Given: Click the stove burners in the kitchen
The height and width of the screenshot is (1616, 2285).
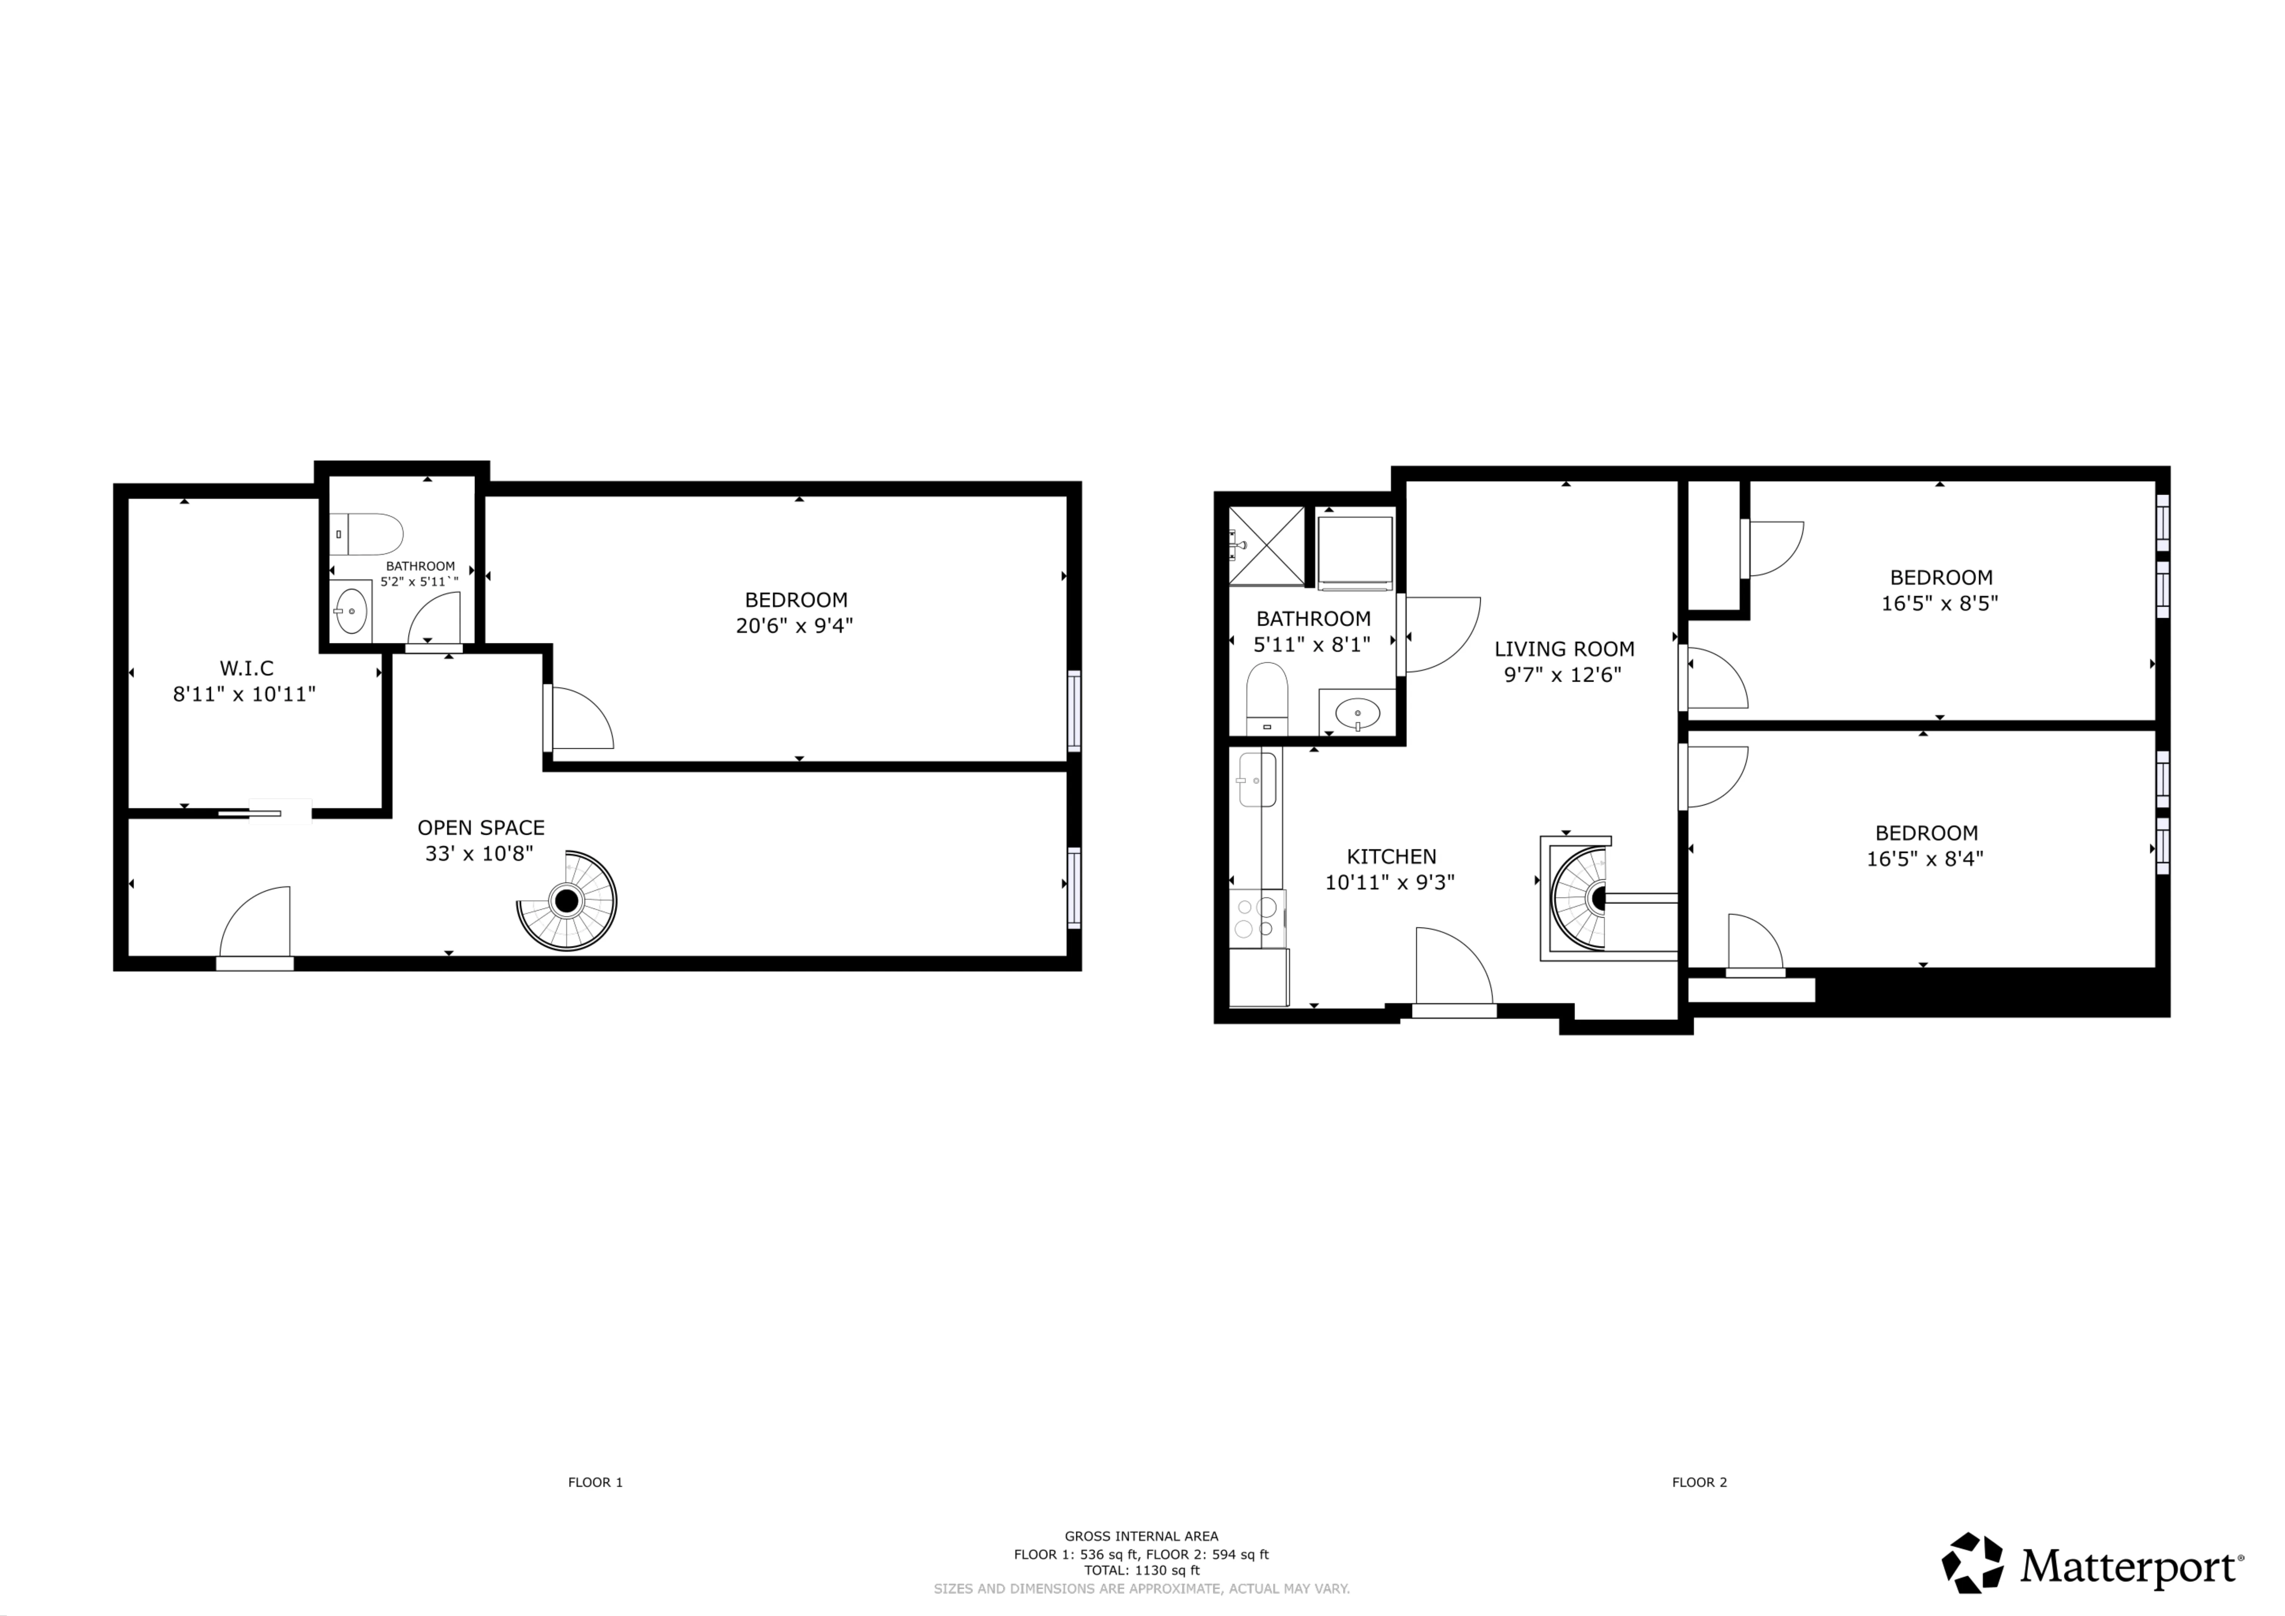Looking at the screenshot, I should click(x=1256, y=918).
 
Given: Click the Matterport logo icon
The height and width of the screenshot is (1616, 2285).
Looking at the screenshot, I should click(x=1973, y=1563).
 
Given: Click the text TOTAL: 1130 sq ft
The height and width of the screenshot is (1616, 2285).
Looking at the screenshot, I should click(x=1141, y=1570).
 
